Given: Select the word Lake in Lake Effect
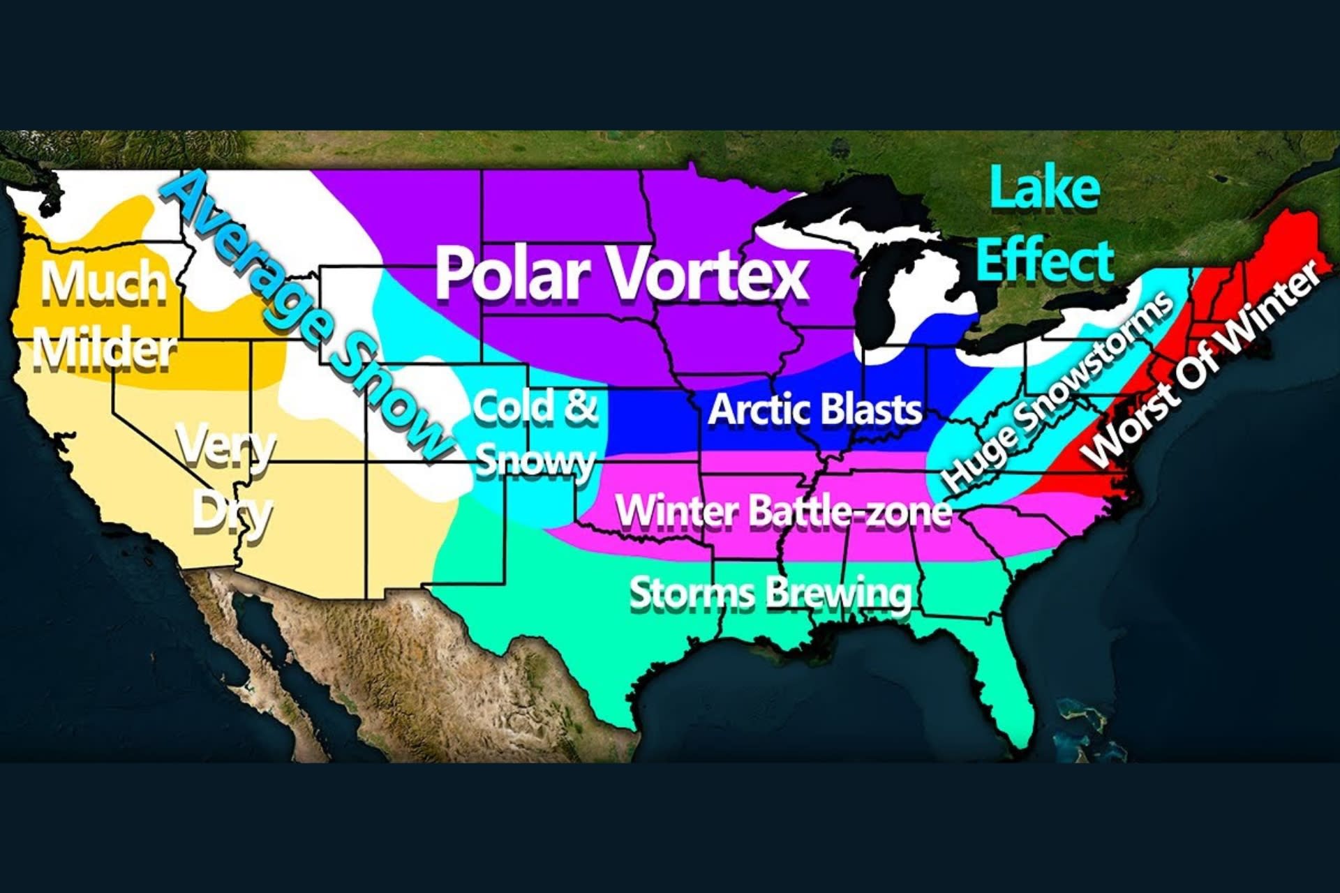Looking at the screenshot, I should coord(1044,188).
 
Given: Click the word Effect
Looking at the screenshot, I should coord(1044,260).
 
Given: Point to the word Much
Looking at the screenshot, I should coord(103,283).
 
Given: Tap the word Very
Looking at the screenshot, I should coord(225,446).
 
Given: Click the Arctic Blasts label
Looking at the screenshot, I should coord(814,410).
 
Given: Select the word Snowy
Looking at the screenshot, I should coord(535,460).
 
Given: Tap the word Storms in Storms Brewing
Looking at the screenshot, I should coord(691,593).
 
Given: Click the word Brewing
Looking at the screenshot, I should coord(837,593).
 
